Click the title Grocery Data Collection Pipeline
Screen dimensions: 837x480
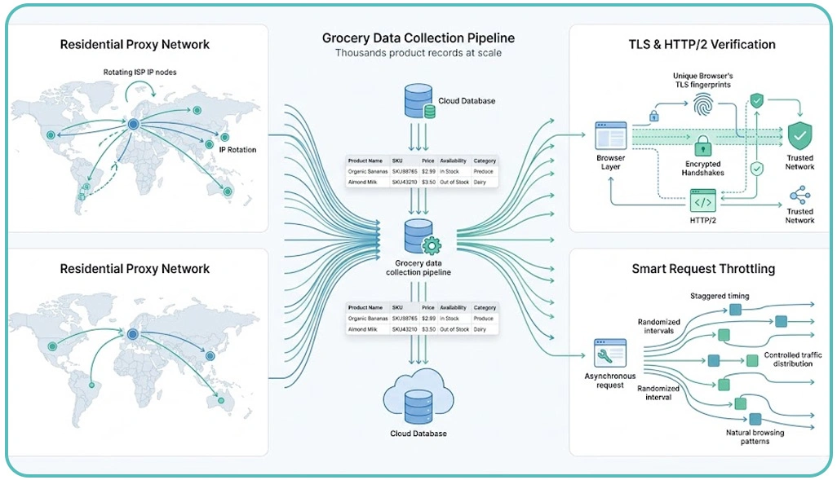pos(418,37)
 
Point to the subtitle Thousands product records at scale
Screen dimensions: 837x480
pos(418,53)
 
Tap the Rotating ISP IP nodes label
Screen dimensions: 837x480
pos(139,72)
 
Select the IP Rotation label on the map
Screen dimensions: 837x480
pos(237,150)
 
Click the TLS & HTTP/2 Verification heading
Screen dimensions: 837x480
pos(702,44)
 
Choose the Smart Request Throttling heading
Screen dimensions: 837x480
pos(703,269)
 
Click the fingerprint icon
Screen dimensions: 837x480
pos(702,104)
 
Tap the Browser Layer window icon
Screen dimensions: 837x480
pos(611,135)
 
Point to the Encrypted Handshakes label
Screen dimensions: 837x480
pos(702,169)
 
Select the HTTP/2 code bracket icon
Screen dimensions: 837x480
pos(702,201)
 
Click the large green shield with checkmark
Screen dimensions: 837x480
pos(799,135)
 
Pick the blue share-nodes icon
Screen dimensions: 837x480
pos(799,196)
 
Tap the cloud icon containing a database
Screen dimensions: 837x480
pos(418,397)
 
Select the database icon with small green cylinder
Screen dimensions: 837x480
pos(419,101)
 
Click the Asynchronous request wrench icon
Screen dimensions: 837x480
pos(609,353)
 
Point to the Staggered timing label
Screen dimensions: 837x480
pos(720,296)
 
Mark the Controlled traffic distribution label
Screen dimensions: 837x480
pos(793,359)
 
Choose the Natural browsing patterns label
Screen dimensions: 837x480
pos(755,437)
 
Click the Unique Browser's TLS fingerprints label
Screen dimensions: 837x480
pos(702,80)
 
